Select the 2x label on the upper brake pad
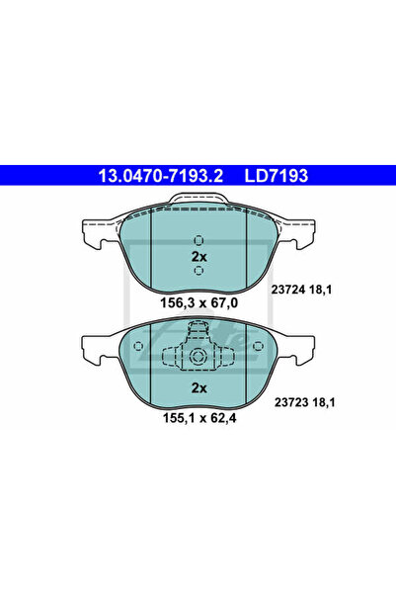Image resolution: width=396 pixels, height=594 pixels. [198, 256]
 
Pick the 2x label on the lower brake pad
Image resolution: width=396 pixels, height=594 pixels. [198, 388]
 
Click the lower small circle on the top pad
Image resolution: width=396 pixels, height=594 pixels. [198, 271]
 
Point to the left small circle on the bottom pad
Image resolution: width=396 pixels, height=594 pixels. [139, 345]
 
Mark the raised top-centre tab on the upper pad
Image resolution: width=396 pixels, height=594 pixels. [198, 200]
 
